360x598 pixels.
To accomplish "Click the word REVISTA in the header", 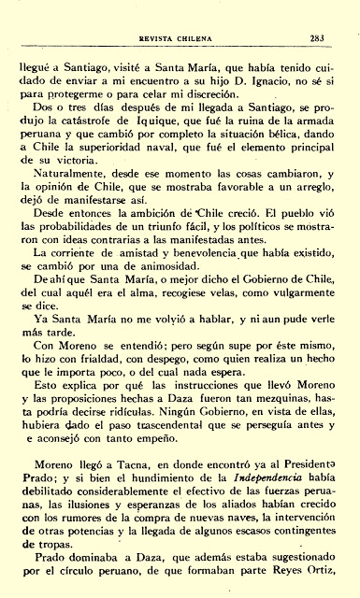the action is (x=157, y=13).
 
